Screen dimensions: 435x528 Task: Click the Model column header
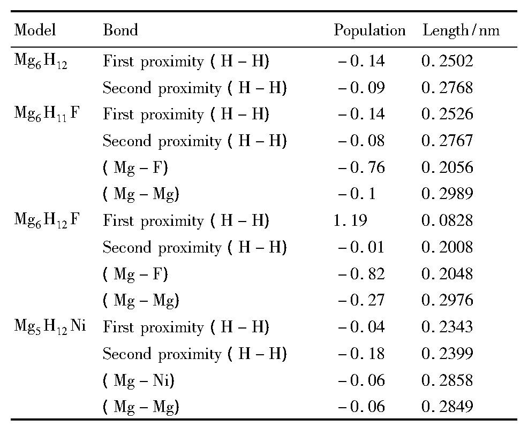tap(35, 30)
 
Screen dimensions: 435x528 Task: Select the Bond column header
tap(120, 30)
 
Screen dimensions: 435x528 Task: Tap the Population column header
tap(369, 30)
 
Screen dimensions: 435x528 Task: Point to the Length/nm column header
tap(461, 30)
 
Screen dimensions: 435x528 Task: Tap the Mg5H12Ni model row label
tap(49, 327)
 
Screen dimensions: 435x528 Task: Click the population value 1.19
tap(350, 221)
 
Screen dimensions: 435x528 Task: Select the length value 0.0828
tap(448, 221)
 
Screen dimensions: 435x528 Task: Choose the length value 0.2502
tap(448, 61)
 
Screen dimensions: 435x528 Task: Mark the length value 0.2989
tap(448, 194)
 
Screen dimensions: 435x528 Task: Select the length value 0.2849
tap(448, 407)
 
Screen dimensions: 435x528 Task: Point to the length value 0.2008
tap(448, 248)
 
